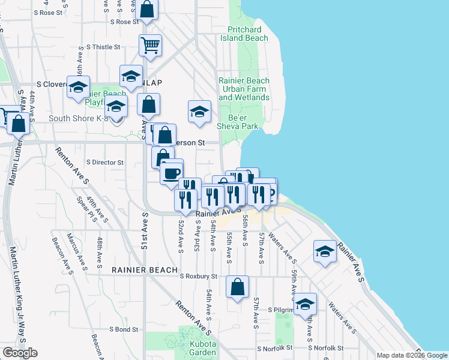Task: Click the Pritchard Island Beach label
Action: (x=248, y=34)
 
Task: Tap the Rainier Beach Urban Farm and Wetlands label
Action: (x=244, y=89)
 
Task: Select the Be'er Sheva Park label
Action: (x=243, y=122)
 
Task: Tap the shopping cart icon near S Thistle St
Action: (x=150, y=45)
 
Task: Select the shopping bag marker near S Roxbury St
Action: (x=238, y=287)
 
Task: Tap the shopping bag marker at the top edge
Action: (x=146, y=10)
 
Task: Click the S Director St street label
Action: (x=105, y=162)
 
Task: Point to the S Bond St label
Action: (x=124, y=329)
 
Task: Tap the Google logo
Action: (x=20, y=353)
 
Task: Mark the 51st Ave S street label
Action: (x=145, y=230)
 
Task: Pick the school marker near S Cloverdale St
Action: (x=77, y=87)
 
